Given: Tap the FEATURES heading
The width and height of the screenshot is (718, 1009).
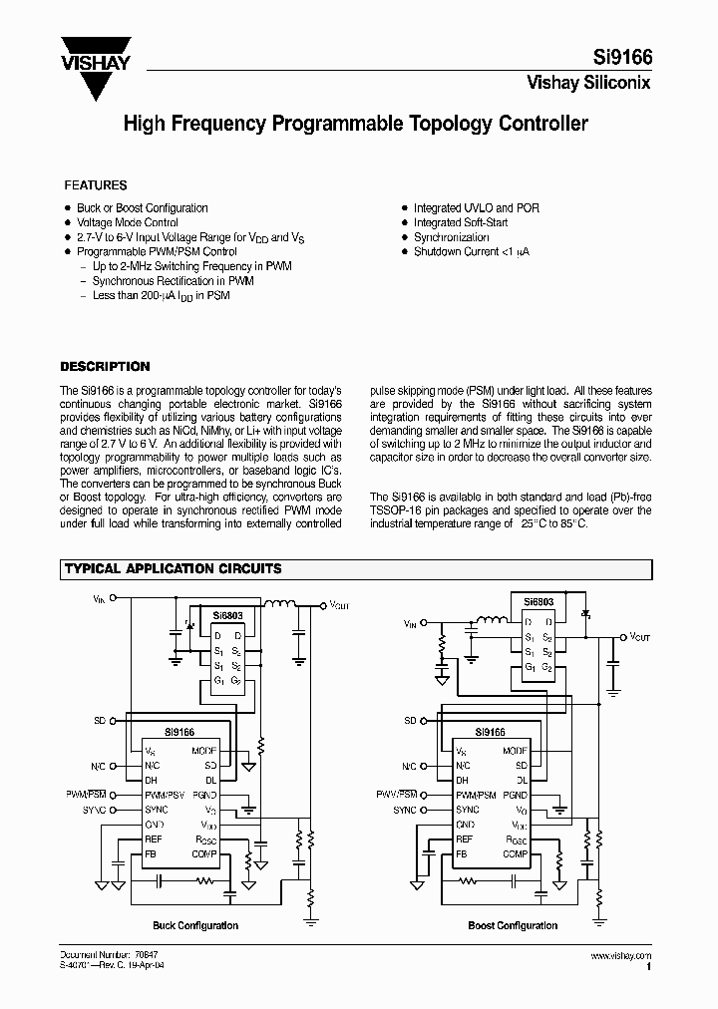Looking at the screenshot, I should pyautogui.click(x=96, y=185).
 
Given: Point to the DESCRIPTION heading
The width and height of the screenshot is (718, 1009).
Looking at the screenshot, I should pyautogui.click(x=106, y=367).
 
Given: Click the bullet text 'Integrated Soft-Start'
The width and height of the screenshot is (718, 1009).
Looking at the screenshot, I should pyautogui.click(x=461, y=223).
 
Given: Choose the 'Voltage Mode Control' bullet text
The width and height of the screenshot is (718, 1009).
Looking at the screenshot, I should pyautogui.click(x=128, y=223).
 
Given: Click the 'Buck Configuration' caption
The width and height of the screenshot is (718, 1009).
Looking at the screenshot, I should pyautogui.click(x=195, y=926).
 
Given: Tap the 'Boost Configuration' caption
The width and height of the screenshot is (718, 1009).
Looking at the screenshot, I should pyautogui.click(x=513, y=926).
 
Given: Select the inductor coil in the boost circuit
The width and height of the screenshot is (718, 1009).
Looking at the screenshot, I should pyautogui.click(x=493, y=623).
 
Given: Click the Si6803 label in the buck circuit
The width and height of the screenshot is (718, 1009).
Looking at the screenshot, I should pyautogui.click(x=227, y=615).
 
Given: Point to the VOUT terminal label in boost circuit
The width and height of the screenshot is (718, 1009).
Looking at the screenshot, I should pyautogui.click(x=639, y=636).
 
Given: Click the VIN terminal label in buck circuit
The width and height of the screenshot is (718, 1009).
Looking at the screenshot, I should pyautogui.click(x=98, y=599).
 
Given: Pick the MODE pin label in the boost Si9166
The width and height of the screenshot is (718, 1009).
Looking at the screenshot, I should pyautogui.click(x=515, y=750).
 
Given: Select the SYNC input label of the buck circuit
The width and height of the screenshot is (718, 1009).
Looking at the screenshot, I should pyautogui.click(x=95, y=810).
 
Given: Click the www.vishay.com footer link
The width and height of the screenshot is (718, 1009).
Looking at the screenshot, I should pyautogui.click(x=621, y=956).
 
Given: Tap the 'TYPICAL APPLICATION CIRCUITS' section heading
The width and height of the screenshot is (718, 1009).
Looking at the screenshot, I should pyautogui.click(x=173, y=569).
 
